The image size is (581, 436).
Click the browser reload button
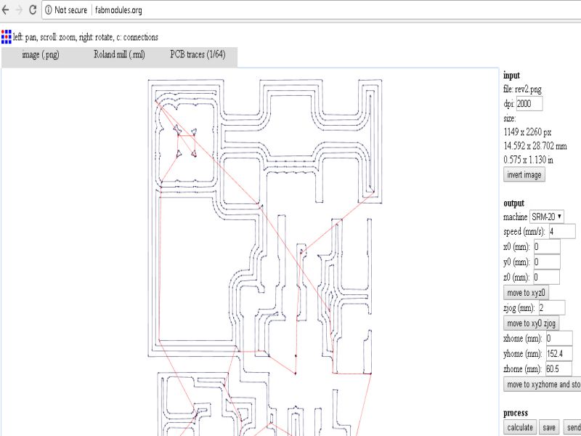(x=33, y=10)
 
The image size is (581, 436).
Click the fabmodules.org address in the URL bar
(x=117, y=10)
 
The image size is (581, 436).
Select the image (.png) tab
(x=41, y=54)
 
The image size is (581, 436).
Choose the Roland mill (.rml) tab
(x=120, y=54)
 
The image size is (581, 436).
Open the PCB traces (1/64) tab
(x=198, y=54)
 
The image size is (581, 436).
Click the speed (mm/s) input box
(x=561, y=231)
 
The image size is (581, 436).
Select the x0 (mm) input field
(x=546, y=247)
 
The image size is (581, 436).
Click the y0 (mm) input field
(x=546, y=262)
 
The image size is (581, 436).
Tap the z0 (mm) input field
(x=546, y=278)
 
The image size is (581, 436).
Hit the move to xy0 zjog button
(x=531, y=323)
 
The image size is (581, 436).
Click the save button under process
(x=549, y=427)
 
